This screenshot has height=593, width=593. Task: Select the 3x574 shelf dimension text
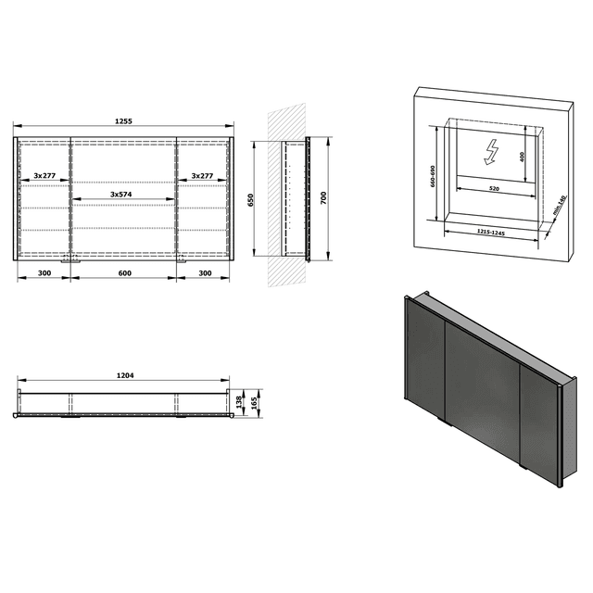tap(123, 194)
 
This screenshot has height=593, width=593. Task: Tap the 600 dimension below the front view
tap(123, 274)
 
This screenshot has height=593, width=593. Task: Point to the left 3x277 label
tap(44, 175)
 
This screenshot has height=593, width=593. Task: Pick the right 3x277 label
tap(203, 175)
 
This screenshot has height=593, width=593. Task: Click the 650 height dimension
tap(253, 200)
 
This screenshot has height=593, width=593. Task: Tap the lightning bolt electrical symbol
tap(490, 149)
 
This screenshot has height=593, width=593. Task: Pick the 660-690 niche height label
tap(432, 175)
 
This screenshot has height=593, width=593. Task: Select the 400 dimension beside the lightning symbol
tap(522, 157)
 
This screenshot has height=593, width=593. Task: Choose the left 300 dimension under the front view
tap(44, 274)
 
